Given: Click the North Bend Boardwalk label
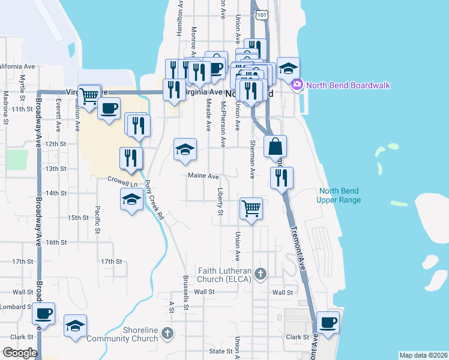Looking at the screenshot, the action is pyautogui.click(x=348, y=85).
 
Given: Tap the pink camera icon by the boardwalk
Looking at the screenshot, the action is pyautogui.click(x=296, y=85).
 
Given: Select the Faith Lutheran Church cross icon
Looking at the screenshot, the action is pyautogui.click(x=260, y=274).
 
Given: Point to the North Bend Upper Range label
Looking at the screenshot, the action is pyautogui.click(x=339, y=196).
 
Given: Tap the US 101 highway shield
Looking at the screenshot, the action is pyautogui.click(x=261, y=14).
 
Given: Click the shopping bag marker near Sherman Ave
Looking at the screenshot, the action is pyautogui.click(x=275, y=146).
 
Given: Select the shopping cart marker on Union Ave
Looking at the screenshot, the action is pyautogui.click(x=251, y=208).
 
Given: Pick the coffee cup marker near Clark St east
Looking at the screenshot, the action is pyautogui.click(x=328, y=323).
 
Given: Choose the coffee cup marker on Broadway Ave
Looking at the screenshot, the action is pyautogui.click(x=43, y=313).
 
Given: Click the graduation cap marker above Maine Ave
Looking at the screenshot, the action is pyautogui.click(x=185, y=149).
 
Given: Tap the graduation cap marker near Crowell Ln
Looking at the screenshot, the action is pyautogui.click(x=131, y=200).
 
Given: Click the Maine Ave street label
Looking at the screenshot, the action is pyautogui.click(x=203, y=176).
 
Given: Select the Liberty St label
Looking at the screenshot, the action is pyautogui.click(x=220, y=203).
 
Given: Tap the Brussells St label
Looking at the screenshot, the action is pyautogui.click(x=186, y=293).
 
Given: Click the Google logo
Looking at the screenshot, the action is pyautogui.click(x=20, y=353).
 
